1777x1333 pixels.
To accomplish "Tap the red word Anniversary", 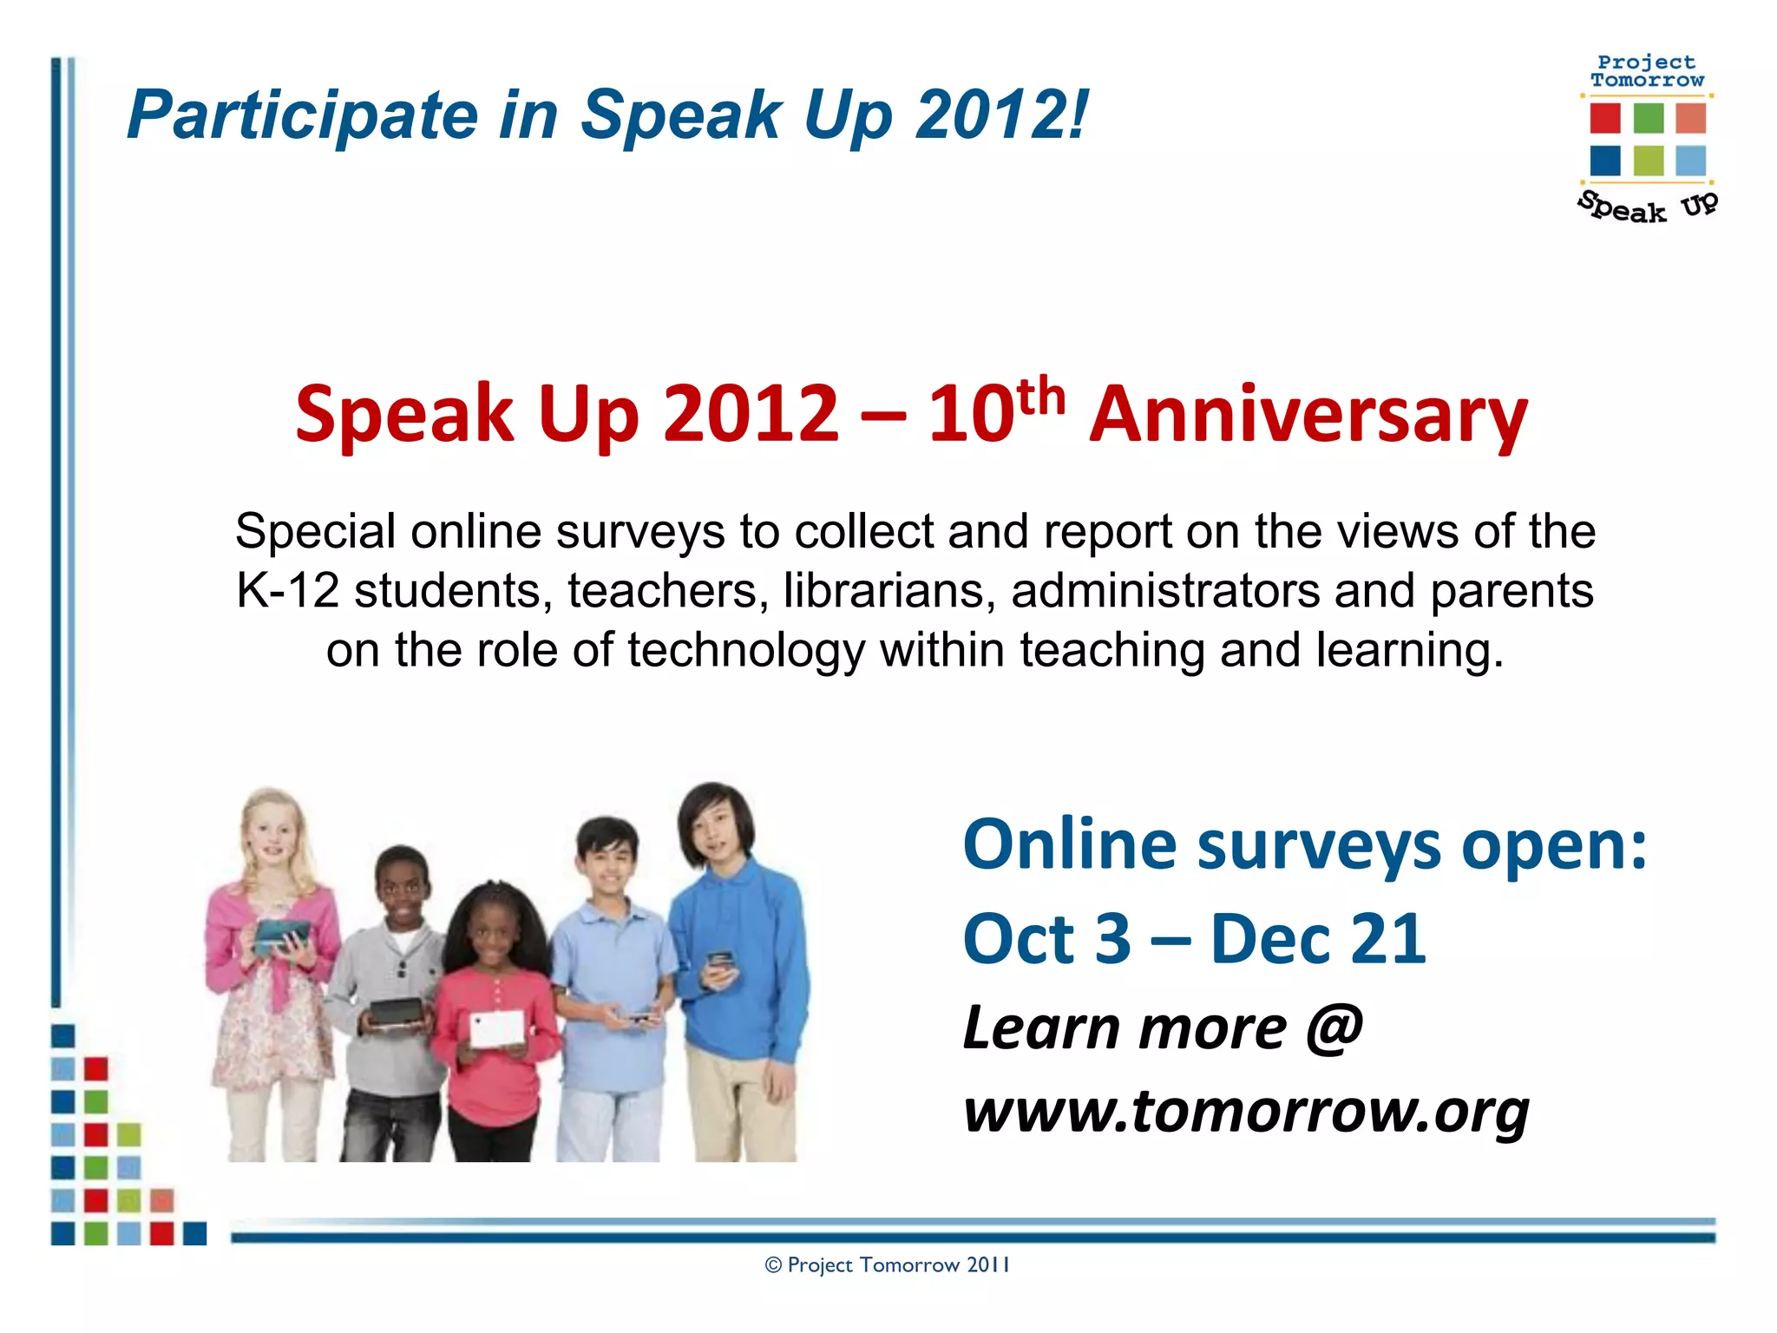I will pyautogui.click(x=1308, y=415).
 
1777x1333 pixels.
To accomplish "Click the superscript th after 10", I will pyautogui.click(x=1040, y=397).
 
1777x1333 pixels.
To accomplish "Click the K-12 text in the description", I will pyautogui.click(x=287, y=591).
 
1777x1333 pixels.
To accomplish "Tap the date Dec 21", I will pyautogui.click(x=1318, y=940).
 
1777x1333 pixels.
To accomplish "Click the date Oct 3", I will pyautogui.click(x=1047, y=940).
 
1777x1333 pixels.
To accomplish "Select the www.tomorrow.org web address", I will pyautogui.click(x=1246, y=1111).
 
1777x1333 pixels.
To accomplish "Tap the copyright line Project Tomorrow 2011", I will pyautogui.click(x=887, y=1265).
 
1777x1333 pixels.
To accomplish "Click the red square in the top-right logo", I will pyautogui.click(x=1605, y=118).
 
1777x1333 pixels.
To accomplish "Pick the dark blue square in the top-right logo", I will pyautogui.click(x=1605, y=161).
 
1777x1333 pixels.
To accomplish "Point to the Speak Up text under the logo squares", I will pyautogui.click(x=1646, y=207).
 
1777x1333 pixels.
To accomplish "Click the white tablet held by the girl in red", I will pyautogui.click(x=497, y=1028).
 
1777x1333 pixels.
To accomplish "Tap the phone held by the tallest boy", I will pyautogui.click(x=719, y=962).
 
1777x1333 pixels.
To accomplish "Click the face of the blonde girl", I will pyautogui.click(x=272, y=831).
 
